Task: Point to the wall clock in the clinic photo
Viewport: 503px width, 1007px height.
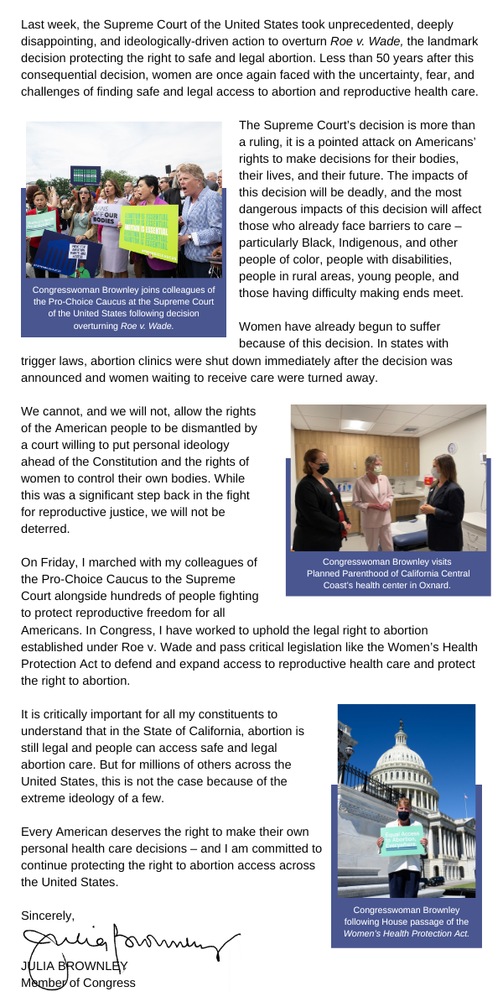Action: [452, 448]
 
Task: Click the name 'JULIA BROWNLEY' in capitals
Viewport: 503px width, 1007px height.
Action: [74, 966]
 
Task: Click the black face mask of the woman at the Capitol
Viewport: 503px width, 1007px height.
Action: [404, 816]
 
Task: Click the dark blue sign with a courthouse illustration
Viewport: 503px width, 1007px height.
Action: [65, 252]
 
